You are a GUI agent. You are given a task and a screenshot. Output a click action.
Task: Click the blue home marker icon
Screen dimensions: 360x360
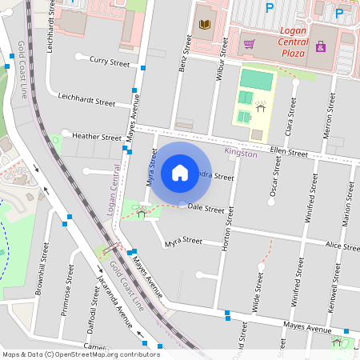[x=180, y=172]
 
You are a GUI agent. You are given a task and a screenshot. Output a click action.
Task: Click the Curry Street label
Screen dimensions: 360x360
[x=110, y=62]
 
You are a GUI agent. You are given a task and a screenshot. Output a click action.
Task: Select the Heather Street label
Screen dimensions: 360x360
[x=97, y=137]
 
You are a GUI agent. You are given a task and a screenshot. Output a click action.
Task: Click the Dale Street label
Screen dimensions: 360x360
[x=206, y=209]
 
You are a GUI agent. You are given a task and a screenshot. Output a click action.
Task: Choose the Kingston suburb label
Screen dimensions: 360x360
[x=241, y=152]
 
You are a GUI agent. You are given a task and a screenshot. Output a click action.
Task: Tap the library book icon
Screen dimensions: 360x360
[x=205, y=26]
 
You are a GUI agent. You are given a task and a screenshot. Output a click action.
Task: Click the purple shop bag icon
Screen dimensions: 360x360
[x=321, y=47]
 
